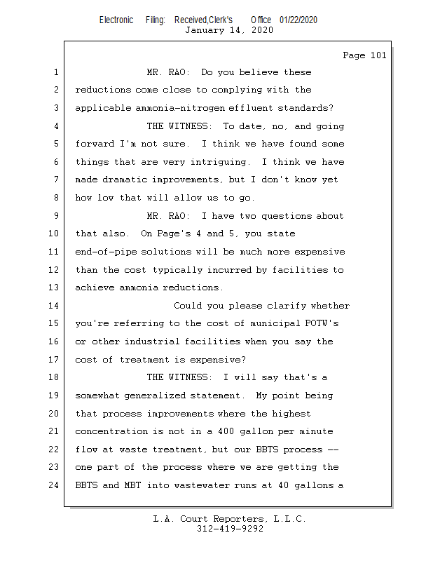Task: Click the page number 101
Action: [378, 55]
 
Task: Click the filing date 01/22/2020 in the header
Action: [298, 20]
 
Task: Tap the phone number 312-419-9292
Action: [230, 529]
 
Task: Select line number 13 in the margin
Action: [54, 288]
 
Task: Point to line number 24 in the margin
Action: [54, 485]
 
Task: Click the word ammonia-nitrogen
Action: [180, 108]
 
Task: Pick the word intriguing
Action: [219, 162]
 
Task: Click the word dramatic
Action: [125, 180]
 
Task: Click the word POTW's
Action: [322, 323]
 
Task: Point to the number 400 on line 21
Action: [226, 431]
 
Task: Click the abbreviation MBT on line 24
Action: [132, 485]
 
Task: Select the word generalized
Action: [155, 396]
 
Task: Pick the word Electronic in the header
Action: [116, 20]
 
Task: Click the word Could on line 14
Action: [188, 306]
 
